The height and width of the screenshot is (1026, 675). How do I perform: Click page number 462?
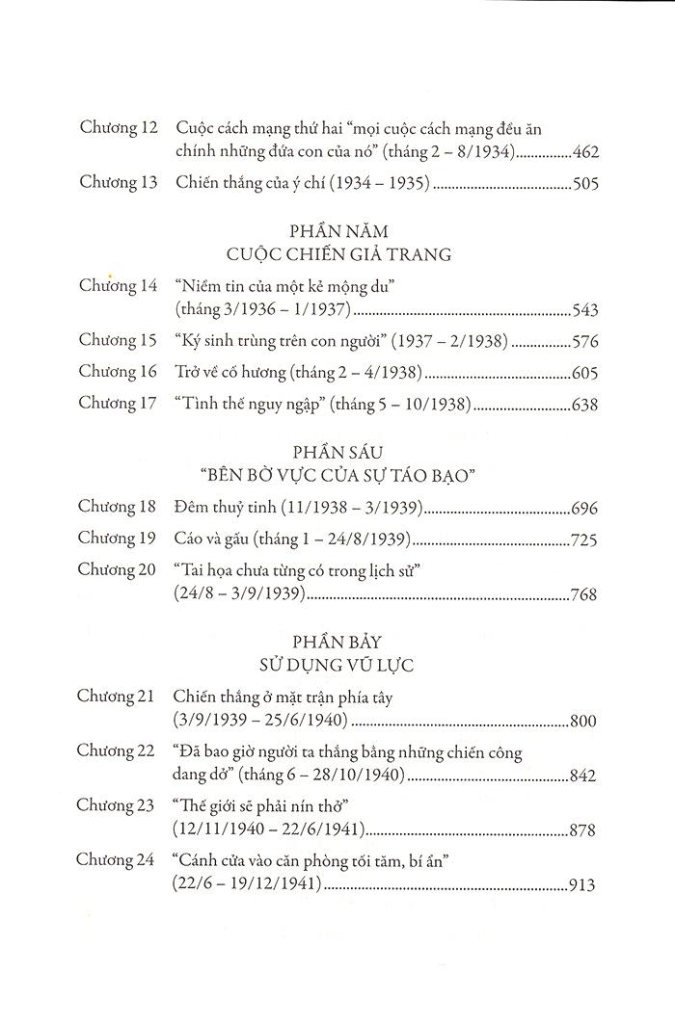pos(585,151)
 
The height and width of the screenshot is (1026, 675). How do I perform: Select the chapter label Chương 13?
pos(118,183)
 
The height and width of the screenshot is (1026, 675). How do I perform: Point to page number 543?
pos(585,310)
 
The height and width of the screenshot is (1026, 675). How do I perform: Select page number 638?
pos(585,406)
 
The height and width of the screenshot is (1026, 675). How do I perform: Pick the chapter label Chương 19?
pos(118,539)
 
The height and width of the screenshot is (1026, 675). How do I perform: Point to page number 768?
pos(585,595)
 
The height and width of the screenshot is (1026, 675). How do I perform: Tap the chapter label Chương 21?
pos(118,697)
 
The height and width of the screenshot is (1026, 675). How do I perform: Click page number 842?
pos(585,776)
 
